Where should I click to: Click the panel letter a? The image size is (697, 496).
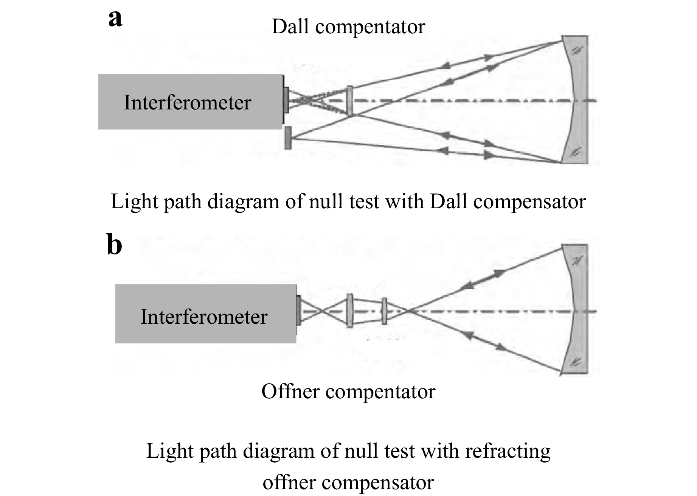tap(115, 19)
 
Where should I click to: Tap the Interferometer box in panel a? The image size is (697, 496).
tap(190, 101)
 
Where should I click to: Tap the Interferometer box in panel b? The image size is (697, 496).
tap(205, 314)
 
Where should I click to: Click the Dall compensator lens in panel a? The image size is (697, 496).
tap(350, 101)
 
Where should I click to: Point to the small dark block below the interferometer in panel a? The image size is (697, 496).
tap(288, 138)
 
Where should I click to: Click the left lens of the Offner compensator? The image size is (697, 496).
tap(350, 311)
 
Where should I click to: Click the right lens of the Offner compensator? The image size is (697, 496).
tap(384, 311)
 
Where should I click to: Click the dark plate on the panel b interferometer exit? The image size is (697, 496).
tap(298, 310)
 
